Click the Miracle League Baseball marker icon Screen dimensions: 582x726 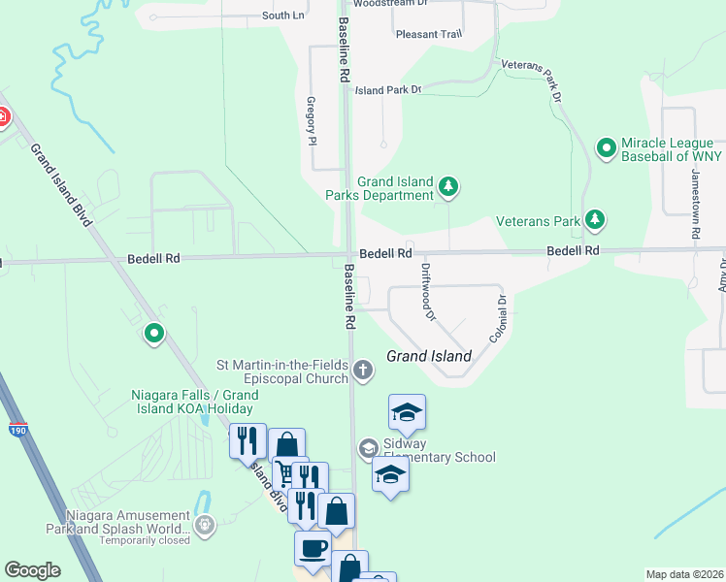(x=607, y=148)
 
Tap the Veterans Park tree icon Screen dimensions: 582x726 (x=595, y=221)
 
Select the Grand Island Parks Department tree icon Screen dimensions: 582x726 (x=447, y=185)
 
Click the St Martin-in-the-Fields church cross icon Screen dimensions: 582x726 (x=362, y=370)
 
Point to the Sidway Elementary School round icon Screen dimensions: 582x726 (x=368, y=448)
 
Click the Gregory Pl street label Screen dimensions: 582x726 (x=312, y=120)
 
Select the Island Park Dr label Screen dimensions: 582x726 (x=388, y=90)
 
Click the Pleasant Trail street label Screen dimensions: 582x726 (x=429, y=34)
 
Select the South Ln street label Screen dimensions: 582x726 (x=283, y=16)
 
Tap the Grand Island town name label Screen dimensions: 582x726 (x=429, y=356)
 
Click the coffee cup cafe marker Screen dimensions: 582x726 (x=313, y=549)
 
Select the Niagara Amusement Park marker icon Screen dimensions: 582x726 (x=205, y=525)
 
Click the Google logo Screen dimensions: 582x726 (x=33, y=570)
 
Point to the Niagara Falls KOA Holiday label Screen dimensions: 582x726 (x=195, y=402)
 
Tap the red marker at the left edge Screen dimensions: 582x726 (x=3, y=118)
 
